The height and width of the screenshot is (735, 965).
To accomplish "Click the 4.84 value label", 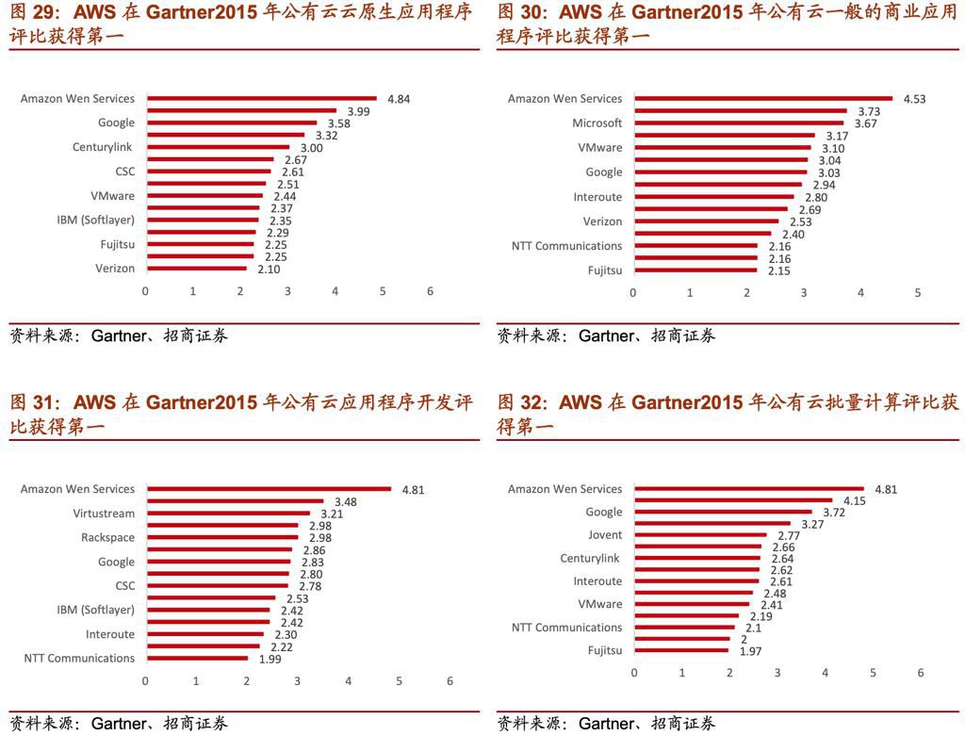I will coord(398,99).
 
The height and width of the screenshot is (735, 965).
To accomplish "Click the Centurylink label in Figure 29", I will coord(103,147).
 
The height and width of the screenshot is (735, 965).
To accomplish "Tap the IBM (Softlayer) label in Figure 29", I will coord(95,220).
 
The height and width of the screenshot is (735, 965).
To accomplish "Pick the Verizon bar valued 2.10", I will coord(196,269).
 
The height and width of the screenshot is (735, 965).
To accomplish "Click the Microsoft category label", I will coord(597,123).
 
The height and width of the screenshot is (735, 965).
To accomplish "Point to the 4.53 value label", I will coord(914,99).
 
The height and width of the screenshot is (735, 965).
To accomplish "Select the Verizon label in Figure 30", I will coord(602,221).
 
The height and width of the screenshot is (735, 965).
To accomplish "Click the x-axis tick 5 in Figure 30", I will coord(917,293).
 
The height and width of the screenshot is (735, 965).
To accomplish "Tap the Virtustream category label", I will coord(104,514).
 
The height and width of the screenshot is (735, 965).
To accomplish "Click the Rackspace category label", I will coord(107,537).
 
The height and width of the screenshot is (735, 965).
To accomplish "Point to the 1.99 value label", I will coord(270,659).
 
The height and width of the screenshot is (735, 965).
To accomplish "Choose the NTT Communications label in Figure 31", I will coord(79,658).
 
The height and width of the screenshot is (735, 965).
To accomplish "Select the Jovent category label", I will coord(605,534).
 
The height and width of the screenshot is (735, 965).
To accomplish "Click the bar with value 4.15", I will coord(733,500).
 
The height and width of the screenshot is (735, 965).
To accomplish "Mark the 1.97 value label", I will coord(750,651).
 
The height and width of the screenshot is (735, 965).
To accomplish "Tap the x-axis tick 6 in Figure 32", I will coord(921,673).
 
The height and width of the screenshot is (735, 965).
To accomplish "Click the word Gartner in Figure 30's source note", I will coord(607,335).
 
